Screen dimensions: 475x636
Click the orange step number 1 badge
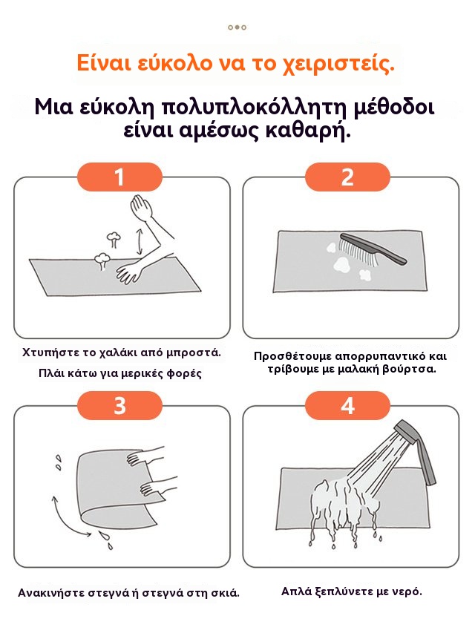119,177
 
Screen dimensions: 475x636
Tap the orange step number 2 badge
347,177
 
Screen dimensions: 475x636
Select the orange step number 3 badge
119,405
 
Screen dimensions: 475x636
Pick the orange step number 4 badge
347,405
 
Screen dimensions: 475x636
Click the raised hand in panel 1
142,208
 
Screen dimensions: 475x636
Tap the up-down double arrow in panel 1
140,241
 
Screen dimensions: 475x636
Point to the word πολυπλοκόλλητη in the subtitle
255,108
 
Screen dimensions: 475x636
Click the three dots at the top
237,27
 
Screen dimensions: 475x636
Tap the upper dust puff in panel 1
113,239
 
